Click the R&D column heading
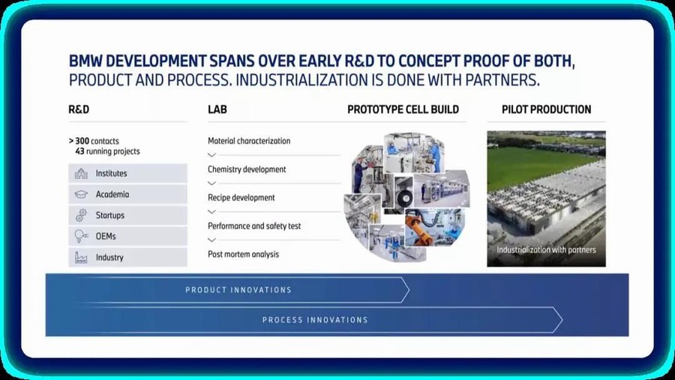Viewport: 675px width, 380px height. point(79,109)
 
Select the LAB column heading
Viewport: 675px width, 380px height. point(217,109)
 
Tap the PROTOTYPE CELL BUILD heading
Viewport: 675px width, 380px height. point(403,109)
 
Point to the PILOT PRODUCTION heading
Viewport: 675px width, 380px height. point(546,109)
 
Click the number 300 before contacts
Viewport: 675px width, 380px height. point(82,141)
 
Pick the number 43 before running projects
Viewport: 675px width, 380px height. point(79,151)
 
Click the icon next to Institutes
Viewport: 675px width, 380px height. point(81,173)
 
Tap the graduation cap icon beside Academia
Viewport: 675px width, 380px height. point(81,195)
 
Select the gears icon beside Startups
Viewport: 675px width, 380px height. point(81,215)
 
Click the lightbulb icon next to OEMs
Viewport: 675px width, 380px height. point(81,236)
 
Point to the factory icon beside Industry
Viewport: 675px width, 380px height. point(81,257)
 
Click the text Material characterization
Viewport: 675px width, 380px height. point(249,141)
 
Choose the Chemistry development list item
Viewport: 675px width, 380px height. point(247,169)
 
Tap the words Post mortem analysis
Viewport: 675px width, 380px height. point(243,254)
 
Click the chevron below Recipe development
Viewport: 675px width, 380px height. point(211,211)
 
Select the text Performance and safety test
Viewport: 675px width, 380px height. point(254,226)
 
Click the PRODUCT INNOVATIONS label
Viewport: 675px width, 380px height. point(238,290)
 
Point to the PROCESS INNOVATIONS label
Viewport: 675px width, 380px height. point(315,320)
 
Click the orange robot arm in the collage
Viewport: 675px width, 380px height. point(418,227)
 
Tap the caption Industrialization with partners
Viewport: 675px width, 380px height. point(546,250)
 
